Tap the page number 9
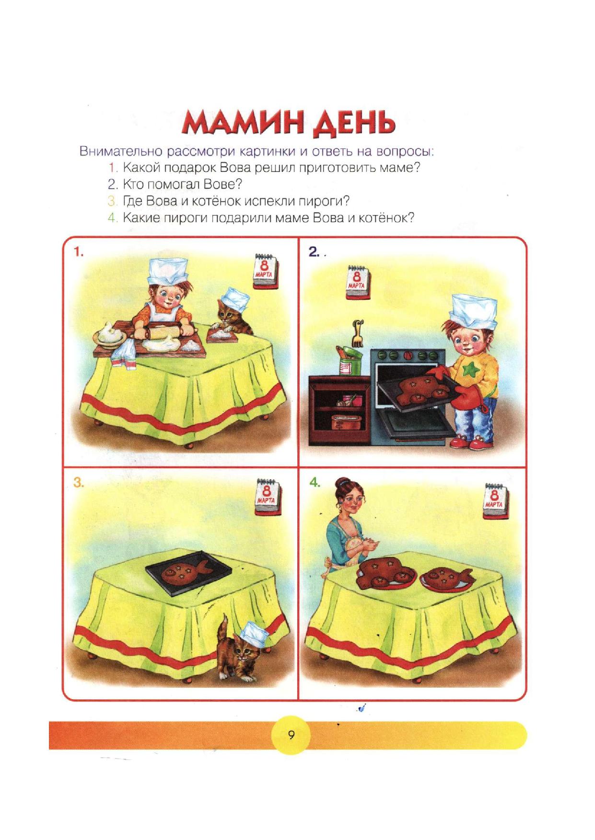tap(291, 735)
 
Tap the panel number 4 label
tap(315, 482)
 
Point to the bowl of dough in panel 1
tap(111, 333)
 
